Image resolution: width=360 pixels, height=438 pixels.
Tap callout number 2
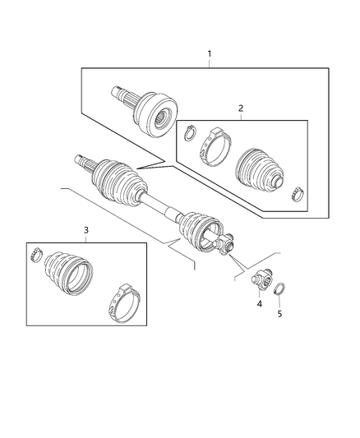(240, 107)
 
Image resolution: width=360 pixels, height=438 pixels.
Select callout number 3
(85, 229)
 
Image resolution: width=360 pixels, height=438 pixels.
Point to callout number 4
(259, 304)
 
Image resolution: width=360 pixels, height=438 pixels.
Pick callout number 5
(279, 313)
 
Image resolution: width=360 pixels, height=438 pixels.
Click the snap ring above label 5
(280, 288)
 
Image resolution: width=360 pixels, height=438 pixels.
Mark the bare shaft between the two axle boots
(160, 209)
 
